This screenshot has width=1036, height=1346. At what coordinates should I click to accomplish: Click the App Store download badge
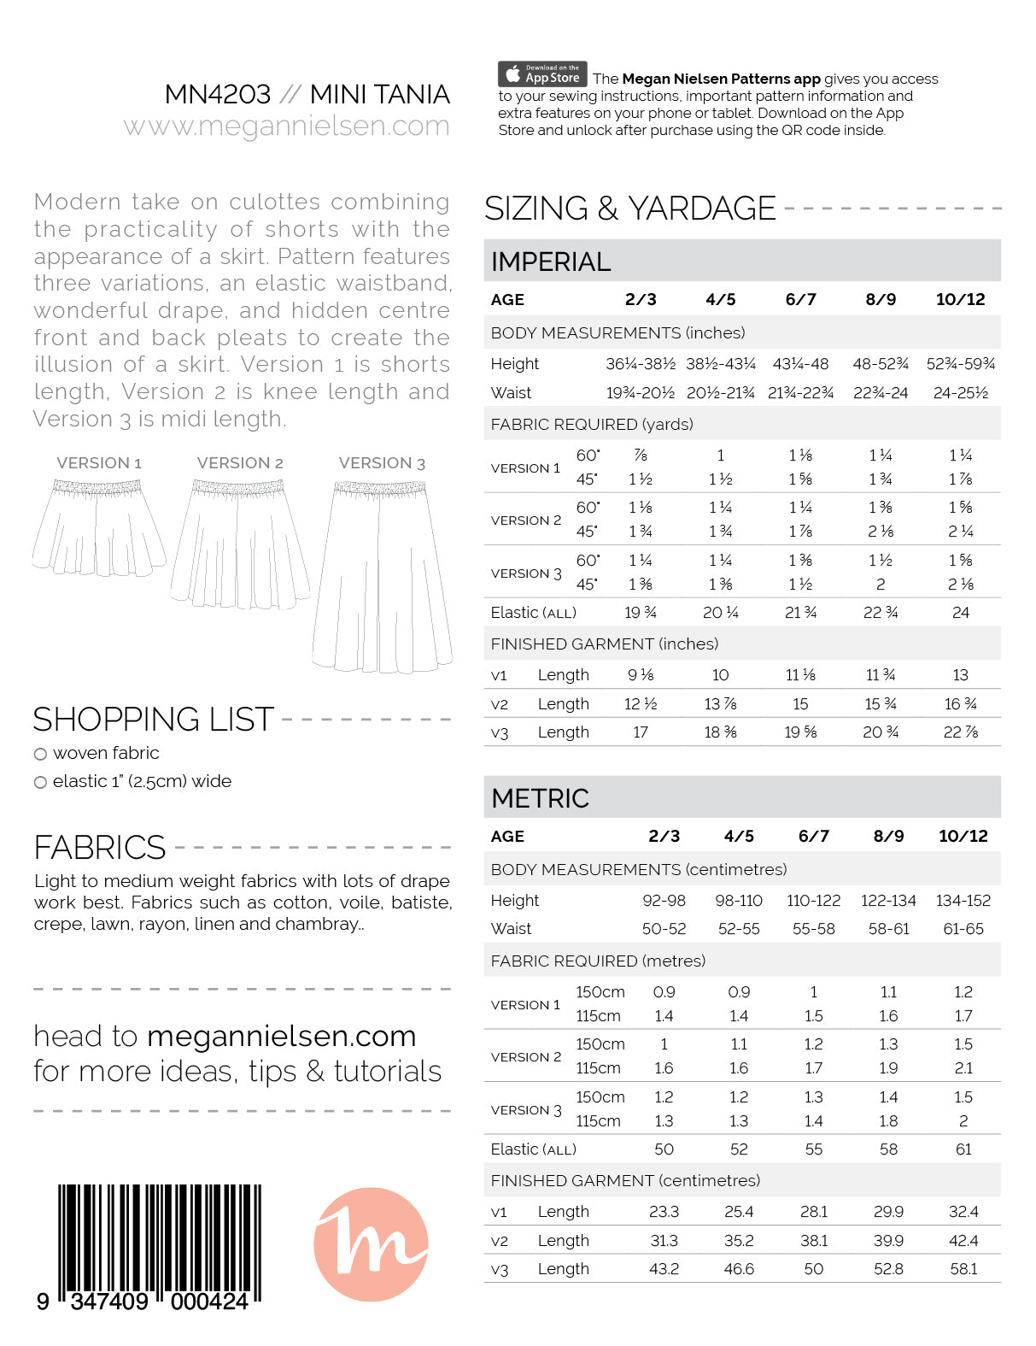[x=542, y=74]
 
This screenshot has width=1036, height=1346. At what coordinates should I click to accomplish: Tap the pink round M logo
[x=371, y=1243]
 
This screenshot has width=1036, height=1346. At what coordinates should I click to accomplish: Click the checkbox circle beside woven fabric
[x=40, y=754]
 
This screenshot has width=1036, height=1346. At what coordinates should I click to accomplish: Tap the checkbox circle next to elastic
[x=40, y=782]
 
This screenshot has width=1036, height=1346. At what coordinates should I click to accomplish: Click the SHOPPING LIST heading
[x=154, y=720]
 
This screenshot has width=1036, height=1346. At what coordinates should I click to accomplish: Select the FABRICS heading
[x=100, y=848]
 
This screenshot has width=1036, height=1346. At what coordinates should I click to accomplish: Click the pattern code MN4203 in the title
[x=218, y=94]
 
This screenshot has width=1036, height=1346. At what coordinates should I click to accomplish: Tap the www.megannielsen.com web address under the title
[x=286, y=126]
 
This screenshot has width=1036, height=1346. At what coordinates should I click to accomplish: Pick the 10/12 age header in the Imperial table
[x=960, y=299]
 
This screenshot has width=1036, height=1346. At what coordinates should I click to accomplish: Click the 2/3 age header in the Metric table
[x=664, y=836]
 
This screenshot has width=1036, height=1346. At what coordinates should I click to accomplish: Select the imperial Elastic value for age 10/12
[x=960, y=613]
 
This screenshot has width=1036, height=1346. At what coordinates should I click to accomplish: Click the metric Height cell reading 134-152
[x=963, y=901]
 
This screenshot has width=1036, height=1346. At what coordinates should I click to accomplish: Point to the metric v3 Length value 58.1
[x=963, y=1269]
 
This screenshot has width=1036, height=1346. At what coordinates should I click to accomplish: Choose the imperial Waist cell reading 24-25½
[x=960, y=393]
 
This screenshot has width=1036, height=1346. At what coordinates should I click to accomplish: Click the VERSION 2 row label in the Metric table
[x=526, y=1057]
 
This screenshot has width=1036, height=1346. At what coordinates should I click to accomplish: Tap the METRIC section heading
[x=541, y=798]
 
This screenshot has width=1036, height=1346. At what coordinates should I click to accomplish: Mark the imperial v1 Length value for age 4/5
[x=720, y=675]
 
